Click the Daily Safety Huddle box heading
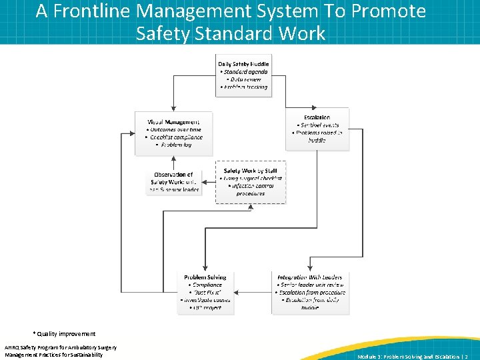[x=243, y=64]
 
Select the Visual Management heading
[x=173, y=122]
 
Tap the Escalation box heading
[x=317, y=117]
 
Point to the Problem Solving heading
[x=205, y=277]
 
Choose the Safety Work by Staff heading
[x=250, y=171]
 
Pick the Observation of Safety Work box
[x=173, y=181]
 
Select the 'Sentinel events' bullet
[x=319, y=125]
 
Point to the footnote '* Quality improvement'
[x=63, y=333]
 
